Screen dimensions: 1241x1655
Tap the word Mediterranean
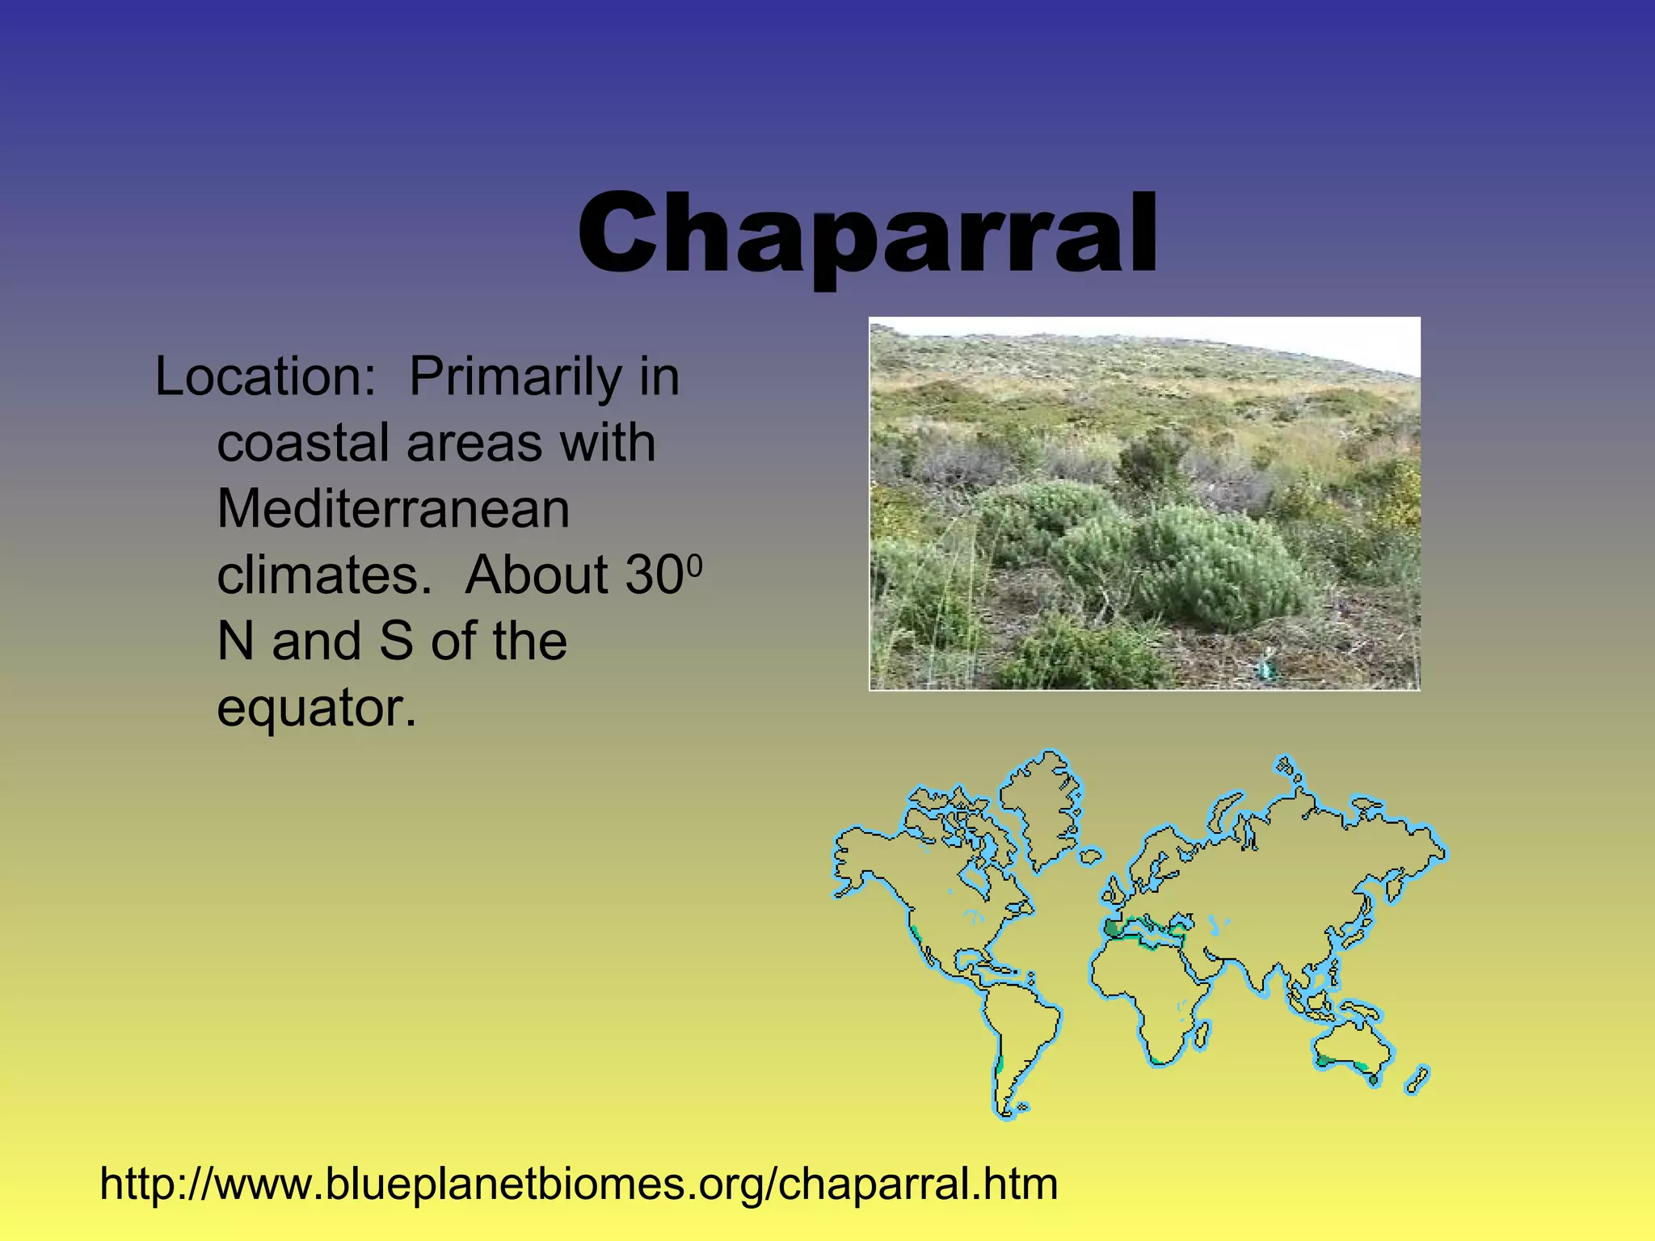click(393, 509)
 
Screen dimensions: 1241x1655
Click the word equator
click(316, 708)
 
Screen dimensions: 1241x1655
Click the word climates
click(324, 575)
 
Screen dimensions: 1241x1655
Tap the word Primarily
click(515, 378)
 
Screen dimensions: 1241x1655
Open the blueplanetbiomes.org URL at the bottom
click(579, 1184)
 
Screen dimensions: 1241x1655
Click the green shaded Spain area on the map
click(1113, 928)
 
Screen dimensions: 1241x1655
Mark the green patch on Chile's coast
click(1000, 1064)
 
